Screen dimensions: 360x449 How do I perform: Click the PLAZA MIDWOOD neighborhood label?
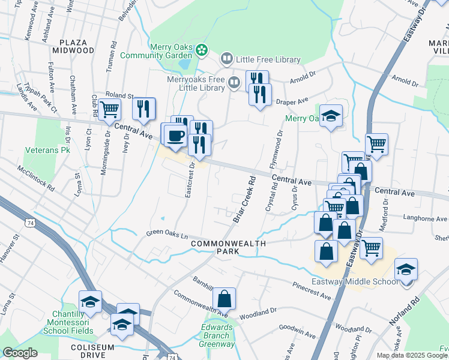[x=77, y=46]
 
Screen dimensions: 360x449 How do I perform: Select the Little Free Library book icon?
[x=226, y=59]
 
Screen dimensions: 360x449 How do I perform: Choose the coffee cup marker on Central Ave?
[x=175, y=136]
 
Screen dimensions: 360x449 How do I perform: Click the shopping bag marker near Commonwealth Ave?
[x=224, y=298]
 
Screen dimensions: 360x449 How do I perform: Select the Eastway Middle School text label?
[x=354, y=282]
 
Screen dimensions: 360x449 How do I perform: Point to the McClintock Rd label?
[x=36, y=178]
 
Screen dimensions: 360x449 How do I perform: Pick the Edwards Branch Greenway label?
[x=217, y=336]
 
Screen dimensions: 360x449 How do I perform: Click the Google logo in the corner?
[x=20, y=353]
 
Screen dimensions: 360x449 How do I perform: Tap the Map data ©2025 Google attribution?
[x=412, y=355]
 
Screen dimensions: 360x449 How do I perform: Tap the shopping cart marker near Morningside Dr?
[x=110, y=110]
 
